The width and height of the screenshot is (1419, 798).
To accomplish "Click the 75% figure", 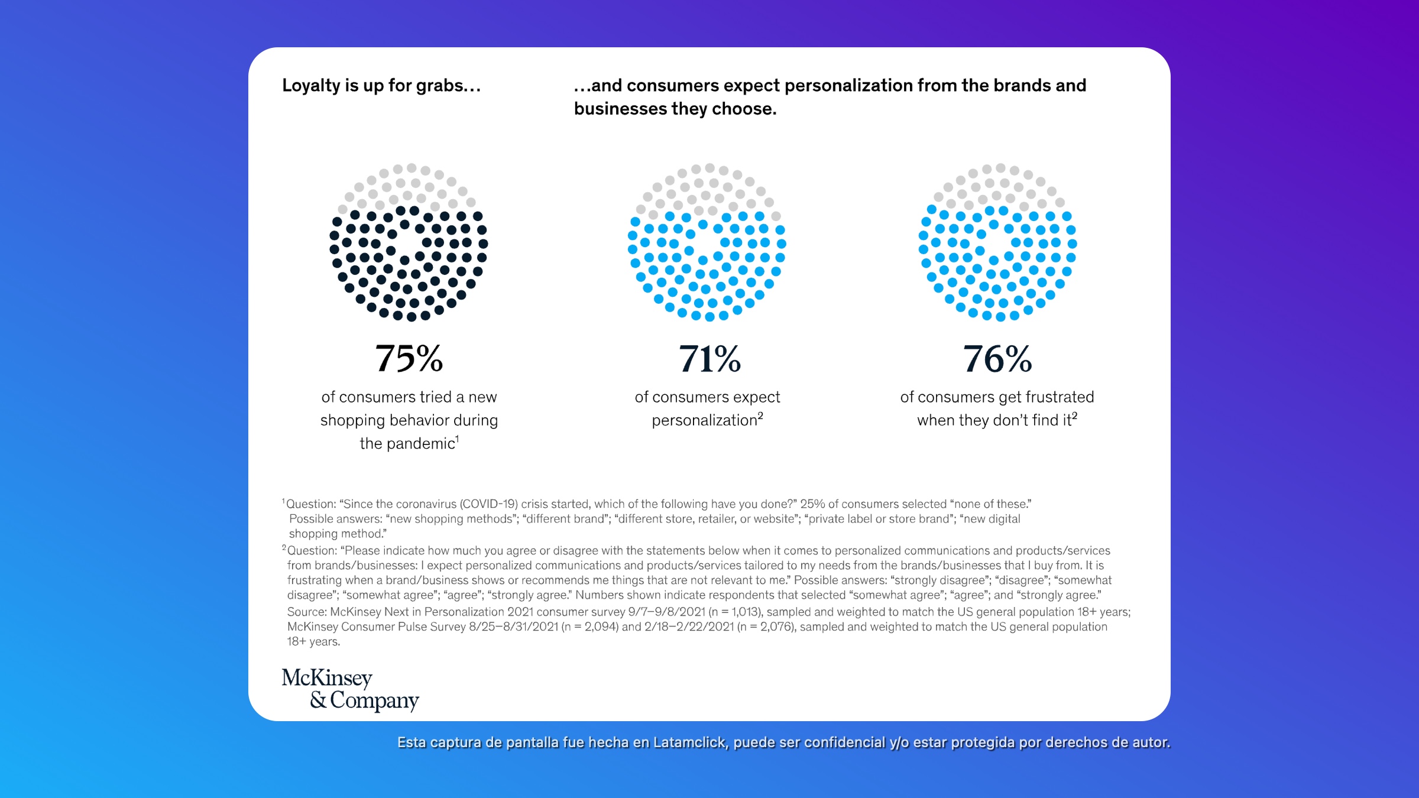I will tap(409, 358).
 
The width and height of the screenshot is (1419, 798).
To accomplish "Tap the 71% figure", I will tap(709, 358).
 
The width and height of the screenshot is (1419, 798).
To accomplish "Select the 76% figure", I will tap(997, 358).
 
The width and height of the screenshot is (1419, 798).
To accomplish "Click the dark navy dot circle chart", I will tap(409, 242).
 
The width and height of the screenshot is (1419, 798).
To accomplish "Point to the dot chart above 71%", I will tap(707, 242).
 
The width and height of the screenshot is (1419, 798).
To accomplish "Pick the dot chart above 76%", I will tap(997, 242).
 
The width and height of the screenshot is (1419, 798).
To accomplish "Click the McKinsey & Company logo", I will tap(350, 689).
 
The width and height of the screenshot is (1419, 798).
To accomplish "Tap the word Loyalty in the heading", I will tap(312, 86).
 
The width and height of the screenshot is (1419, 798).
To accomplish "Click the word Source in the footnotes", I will tap(306, 612).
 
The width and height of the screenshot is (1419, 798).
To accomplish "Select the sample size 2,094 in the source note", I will tap(601, 627).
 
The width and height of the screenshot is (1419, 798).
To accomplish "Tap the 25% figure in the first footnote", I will tap(812, 504).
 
